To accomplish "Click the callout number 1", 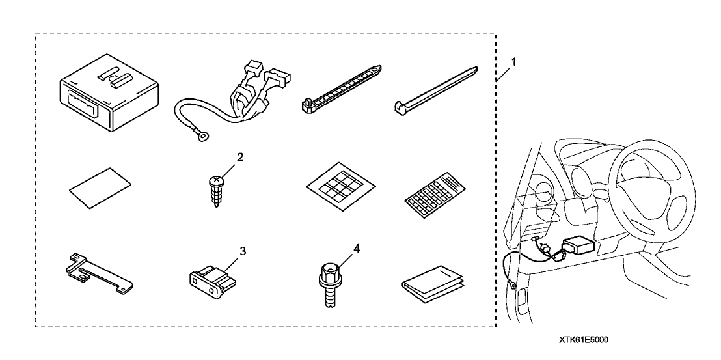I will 513,62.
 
